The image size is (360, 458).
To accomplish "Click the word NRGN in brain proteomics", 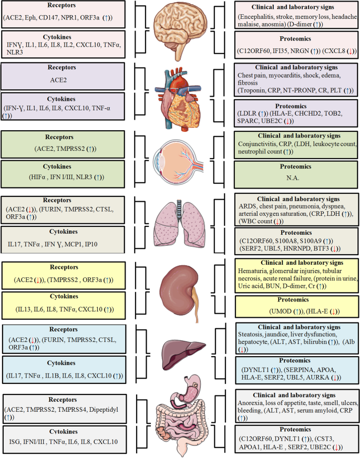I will (x=294, y=51).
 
